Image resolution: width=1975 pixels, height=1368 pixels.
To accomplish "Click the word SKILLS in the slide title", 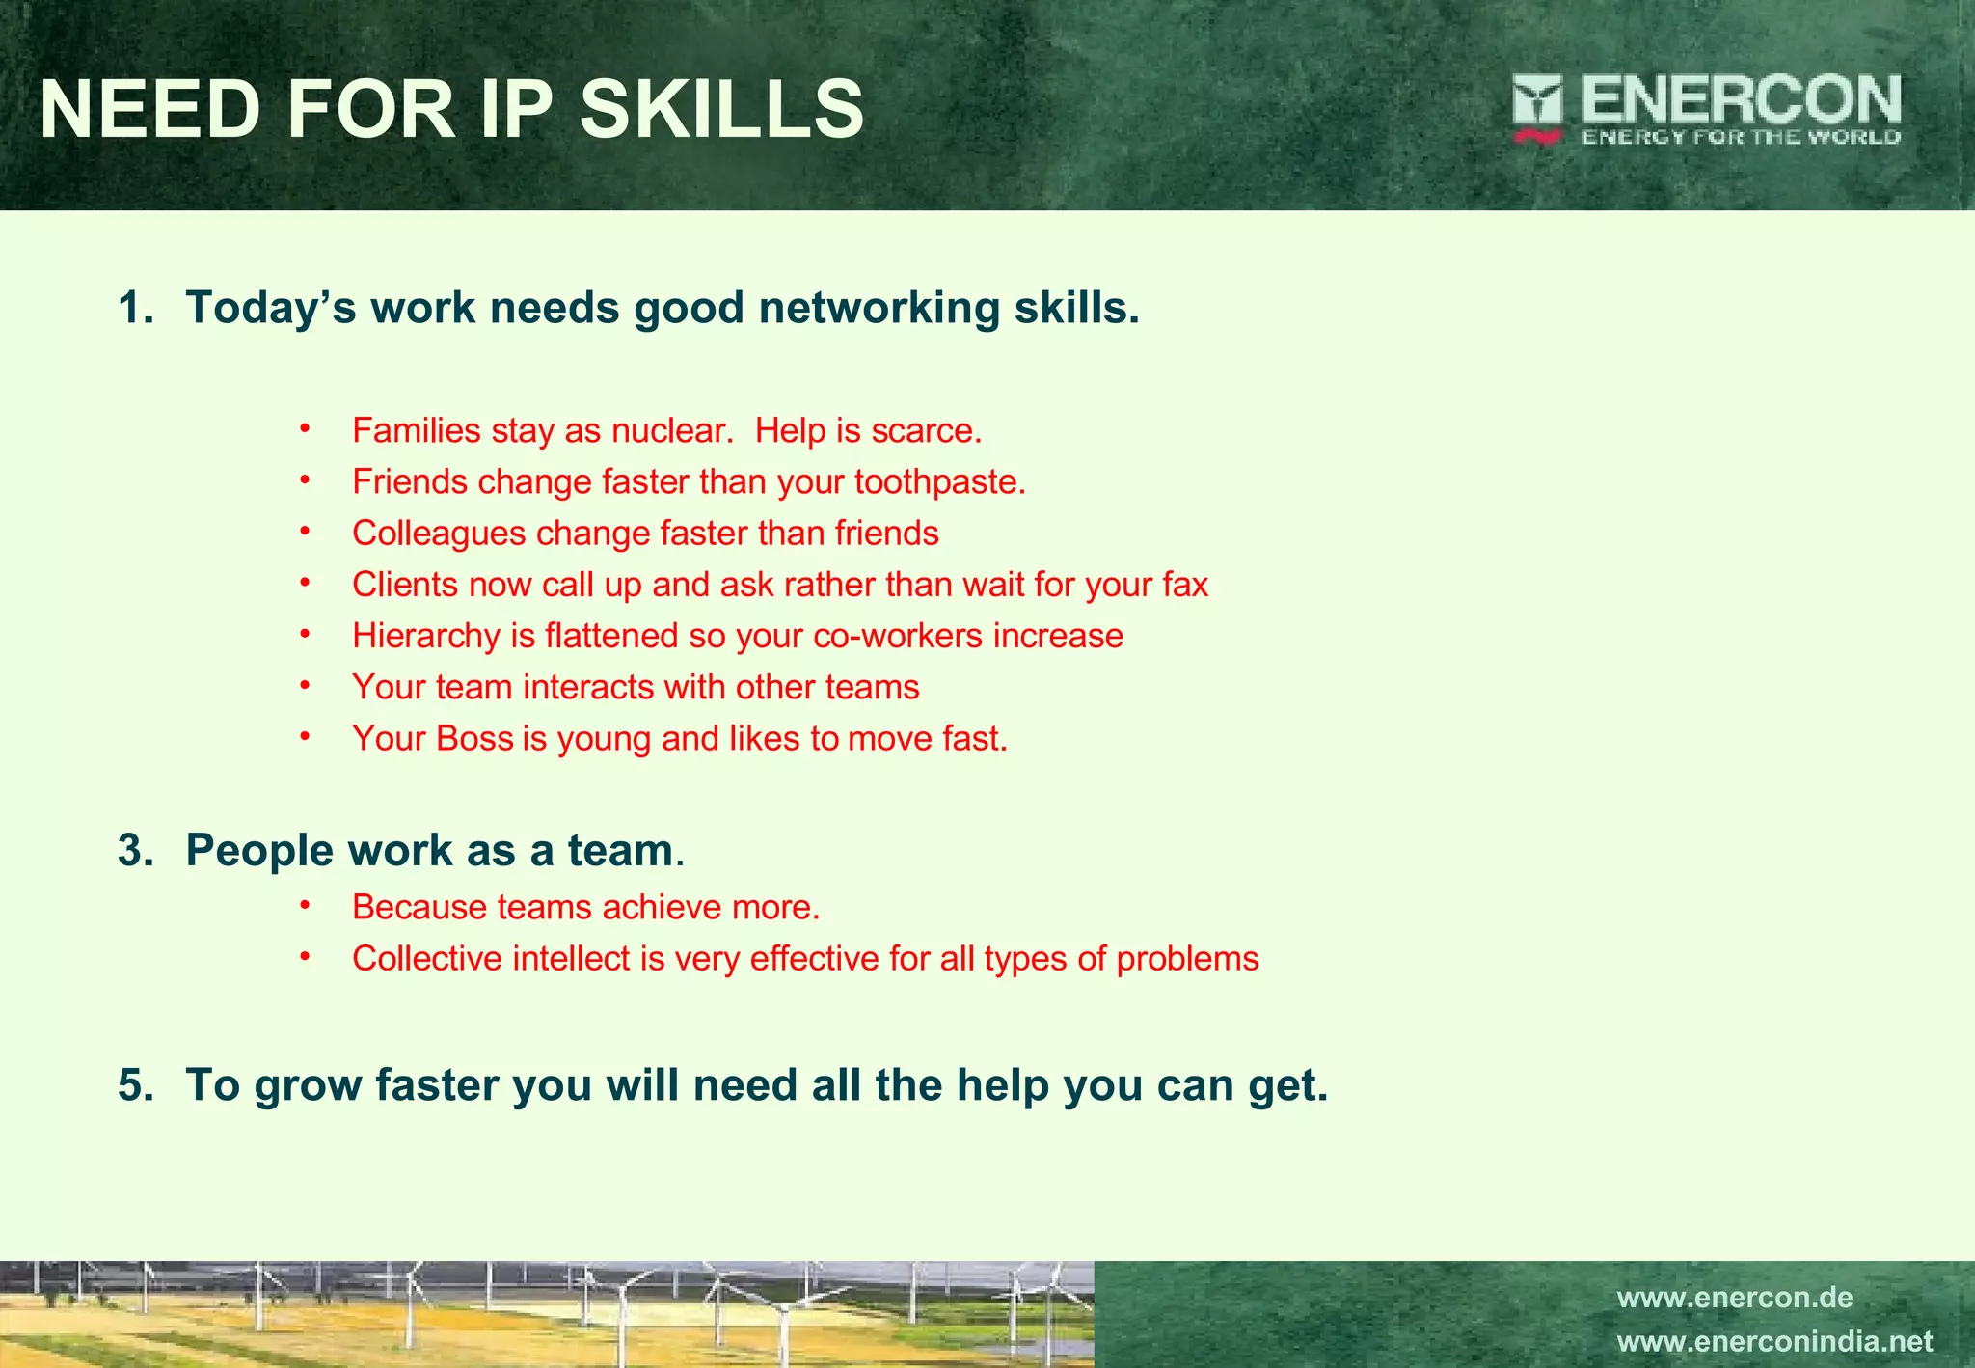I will [x=721, y=109].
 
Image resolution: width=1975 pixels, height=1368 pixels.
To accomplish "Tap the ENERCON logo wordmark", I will [x=1741, y=99].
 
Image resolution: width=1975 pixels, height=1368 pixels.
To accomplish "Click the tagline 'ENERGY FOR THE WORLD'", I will [x=1741, y=137].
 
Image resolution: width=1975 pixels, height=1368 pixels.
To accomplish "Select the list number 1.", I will [x=135, y=308].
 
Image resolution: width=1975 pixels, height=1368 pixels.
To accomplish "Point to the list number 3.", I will [x=135, y=851].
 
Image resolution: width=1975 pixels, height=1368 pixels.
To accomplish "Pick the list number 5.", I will [x=135, y=1085].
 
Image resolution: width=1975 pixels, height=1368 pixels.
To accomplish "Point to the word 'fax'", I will [x=1185, y=585].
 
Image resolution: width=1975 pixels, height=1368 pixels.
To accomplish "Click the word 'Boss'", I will [x=474, y=738].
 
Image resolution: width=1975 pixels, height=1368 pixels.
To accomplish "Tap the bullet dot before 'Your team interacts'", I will [x=305, y=685].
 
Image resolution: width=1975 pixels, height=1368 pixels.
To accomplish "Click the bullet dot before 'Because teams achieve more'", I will [x=305, y=905].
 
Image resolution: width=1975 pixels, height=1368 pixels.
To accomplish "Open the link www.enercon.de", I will [x=1735, y=1298].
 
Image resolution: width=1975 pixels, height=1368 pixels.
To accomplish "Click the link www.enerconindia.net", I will [x=1774, y=1342].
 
